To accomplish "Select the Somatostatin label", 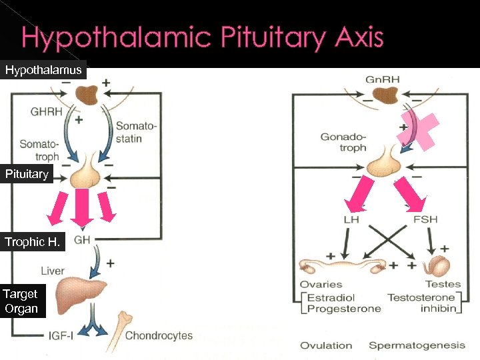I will pos(137,132).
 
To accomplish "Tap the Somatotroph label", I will pos(39,150).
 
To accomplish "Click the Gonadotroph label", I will pos(344,142).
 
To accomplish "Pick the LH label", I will pos(351,219).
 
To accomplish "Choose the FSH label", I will pos(425,219).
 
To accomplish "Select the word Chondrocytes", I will pos(159,335).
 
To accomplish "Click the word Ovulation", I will pos(326,345).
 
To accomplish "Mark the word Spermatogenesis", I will pos(417,345).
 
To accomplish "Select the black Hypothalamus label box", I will pos(43,70).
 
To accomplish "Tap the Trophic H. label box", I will pos(32,242).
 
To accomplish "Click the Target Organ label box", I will pos(21,301).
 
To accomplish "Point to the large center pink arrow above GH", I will pos(82,207).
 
